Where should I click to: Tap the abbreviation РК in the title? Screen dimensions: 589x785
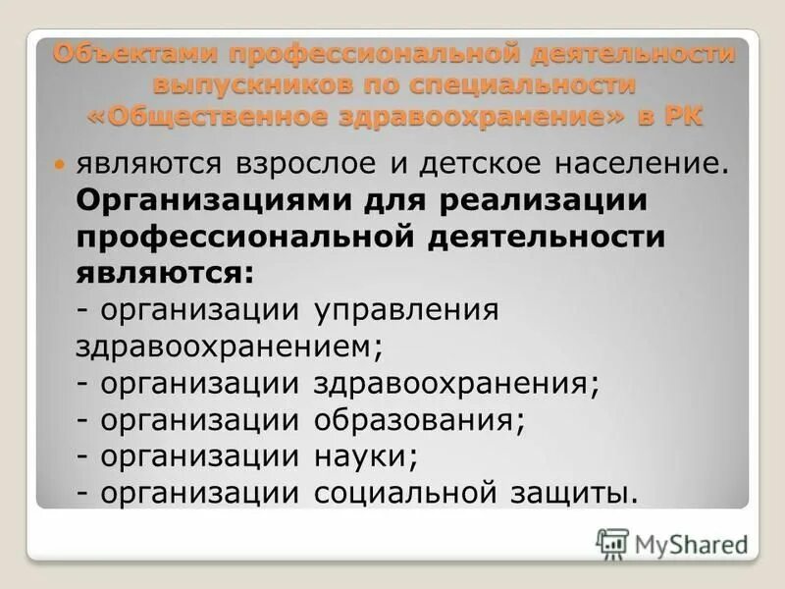coord(681,114)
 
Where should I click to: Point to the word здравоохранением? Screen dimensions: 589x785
coord(221,346)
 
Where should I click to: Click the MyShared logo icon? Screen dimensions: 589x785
coord(612,542)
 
